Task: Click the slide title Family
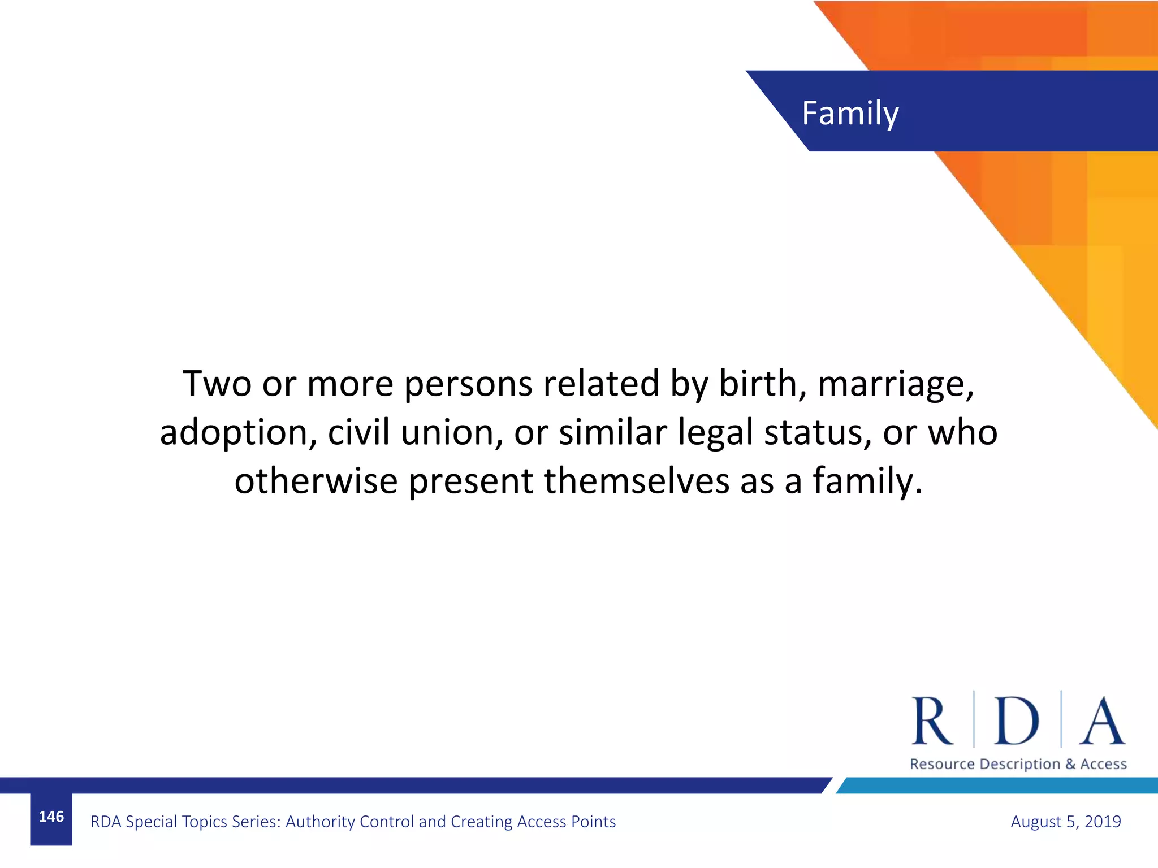[x=850, y=114]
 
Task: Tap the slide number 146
[x=51, y=817]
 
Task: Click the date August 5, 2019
[x=1065, y=821]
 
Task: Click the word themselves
[x=637, y=481]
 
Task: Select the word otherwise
[x=316, y=481]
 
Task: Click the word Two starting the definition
[x=217, y=384]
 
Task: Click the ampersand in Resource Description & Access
[x=1070, y=764]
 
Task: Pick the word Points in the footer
[x=593, y=821]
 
